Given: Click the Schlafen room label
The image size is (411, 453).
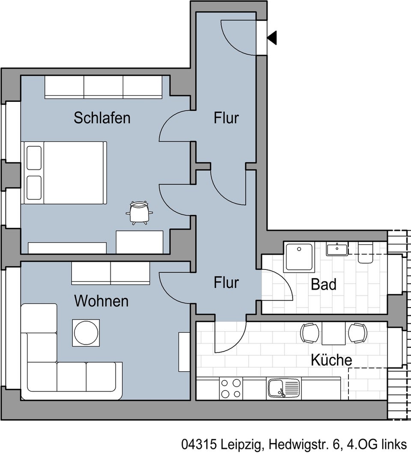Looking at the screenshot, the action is (x=102, y=118).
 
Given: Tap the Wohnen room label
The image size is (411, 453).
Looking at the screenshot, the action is (x=101, y=301).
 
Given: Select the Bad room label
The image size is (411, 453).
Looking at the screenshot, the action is (x=324, y=284).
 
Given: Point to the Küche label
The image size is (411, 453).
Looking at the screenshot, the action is (x=331, y=360).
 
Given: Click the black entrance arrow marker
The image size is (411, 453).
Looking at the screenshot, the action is (x=272, y=38).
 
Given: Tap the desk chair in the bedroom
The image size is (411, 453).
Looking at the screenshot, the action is (x=139, y=212).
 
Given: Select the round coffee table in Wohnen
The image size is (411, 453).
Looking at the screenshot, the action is (x=86, y=332).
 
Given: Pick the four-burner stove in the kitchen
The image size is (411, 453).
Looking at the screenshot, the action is (x=231, y=389).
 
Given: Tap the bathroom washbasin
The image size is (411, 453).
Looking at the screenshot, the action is (x=337, y=249).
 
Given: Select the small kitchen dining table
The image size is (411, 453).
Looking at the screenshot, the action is (x=334, y=333).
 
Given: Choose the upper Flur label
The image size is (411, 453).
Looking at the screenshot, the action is (x=226, y=118).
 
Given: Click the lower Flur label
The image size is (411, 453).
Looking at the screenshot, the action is (x=226, y=283).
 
